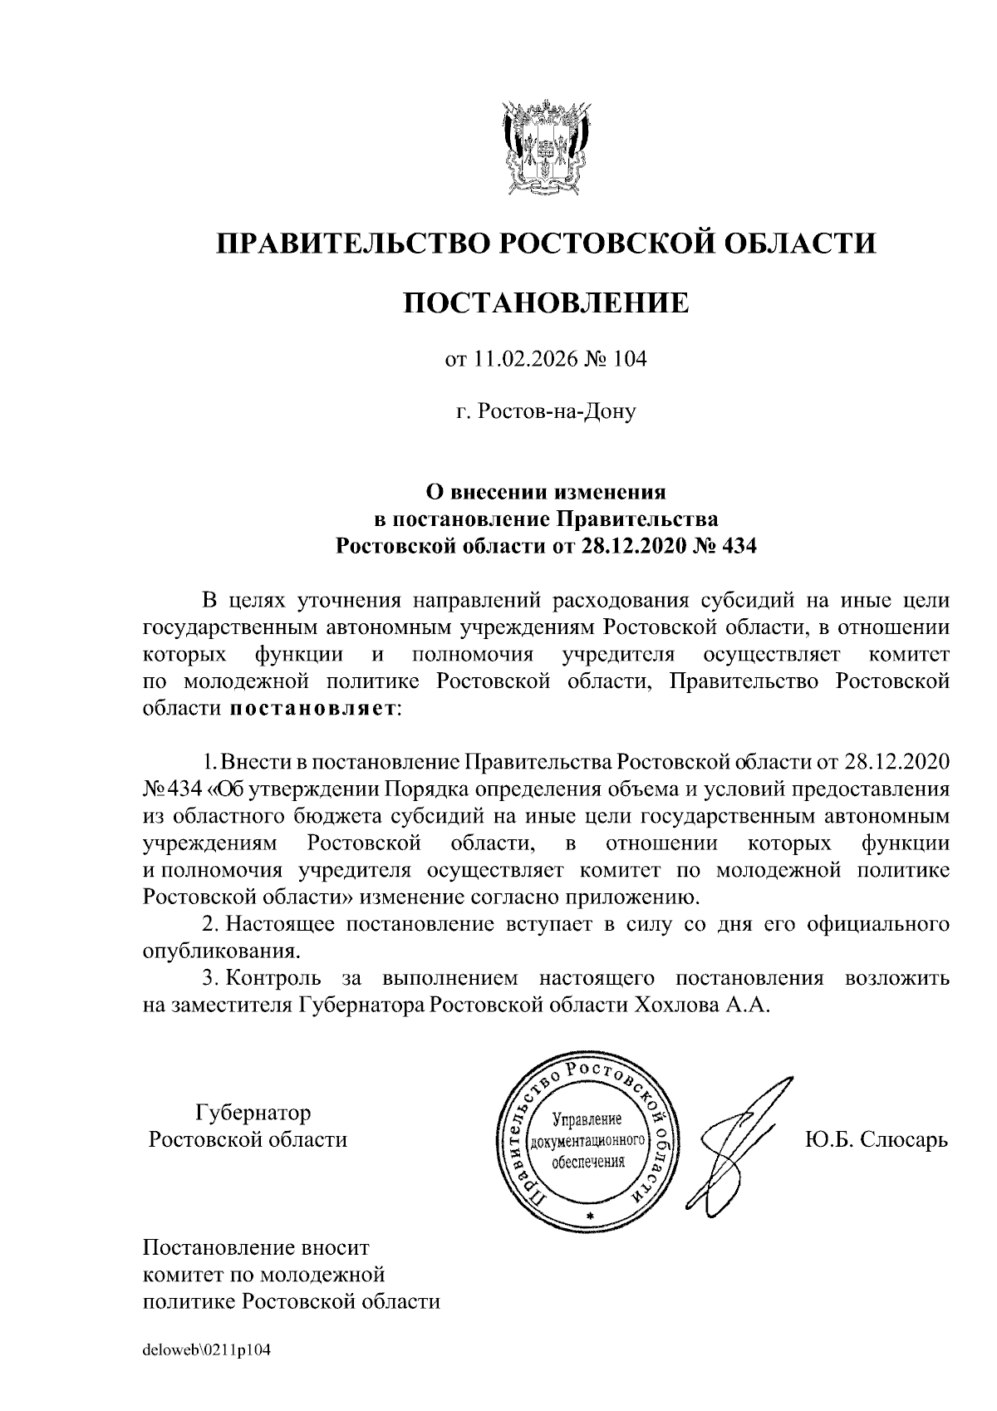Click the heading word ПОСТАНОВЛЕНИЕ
[546, 302]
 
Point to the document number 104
[631, 359]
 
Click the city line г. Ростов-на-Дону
[546, 411]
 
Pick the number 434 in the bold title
[739, 546]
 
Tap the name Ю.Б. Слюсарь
[877, 1139]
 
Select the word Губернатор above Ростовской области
[253, 1112]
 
